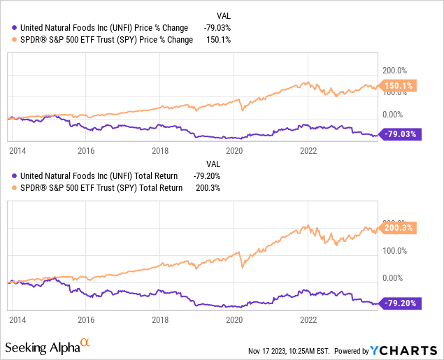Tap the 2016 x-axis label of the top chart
pyautogui.click(x=86, y=150)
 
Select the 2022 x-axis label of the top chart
pyautogui.click(x=308, y=150)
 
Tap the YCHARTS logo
pyautogui.click(x=404, y=350)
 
